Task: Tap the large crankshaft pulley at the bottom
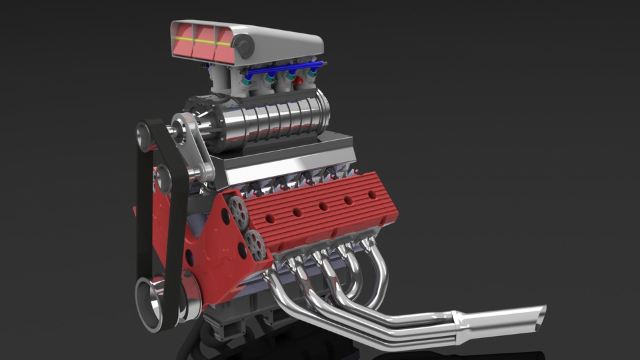pyautogui.click(x=153, y=303)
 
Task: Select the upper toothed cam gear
pyautogui.click(x=237, y=212)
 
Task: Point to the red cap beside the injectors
pyautogui.click(x=298, y=81)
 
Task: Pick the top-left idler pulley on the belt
pyautogui.click(x=144, y=137)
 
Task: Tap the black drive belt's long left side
pyautogui.click(x=142, y=220)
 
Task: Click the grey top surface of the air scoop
pyautogui.click(x=280, y=37)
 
